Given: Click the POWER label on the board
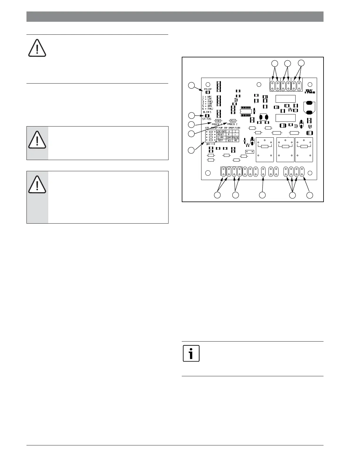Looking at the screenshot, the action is coord(208,89).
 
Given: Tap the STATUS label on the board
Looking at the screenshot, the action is coord(206,119).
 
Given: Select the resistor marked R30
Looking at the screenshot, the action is coord(218,121).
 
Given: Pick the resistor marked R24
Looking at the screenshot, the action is coord(233,121).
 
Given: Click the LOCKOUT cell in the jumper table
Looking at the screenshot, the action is coord(221,132).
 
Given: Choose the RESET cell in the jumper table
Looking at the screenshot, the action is coord(221,134).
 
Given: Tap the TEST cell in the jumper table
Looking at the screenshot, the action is coord(220,140).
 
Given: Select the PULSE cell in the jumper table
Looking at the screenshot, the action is coord(236,137).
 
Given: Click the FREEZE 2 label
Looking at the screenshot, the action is coord(232,124).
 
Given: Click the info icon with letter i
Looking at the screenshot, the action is coord(191,353).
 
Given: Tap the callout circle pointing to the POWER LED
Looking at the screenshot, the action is coord(191,85).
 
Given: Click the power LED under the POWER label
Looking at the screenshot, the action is coord(208,92).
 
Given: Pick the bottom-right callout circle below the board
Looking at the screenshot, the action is coord(310,195).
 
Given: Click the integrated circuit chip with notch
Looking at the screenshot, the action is coord(246,111).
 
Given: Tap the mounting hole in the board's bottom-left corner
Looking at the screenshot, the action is coord(208,173).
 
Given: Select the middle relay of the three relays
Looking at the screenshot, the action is coord(285,149).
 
